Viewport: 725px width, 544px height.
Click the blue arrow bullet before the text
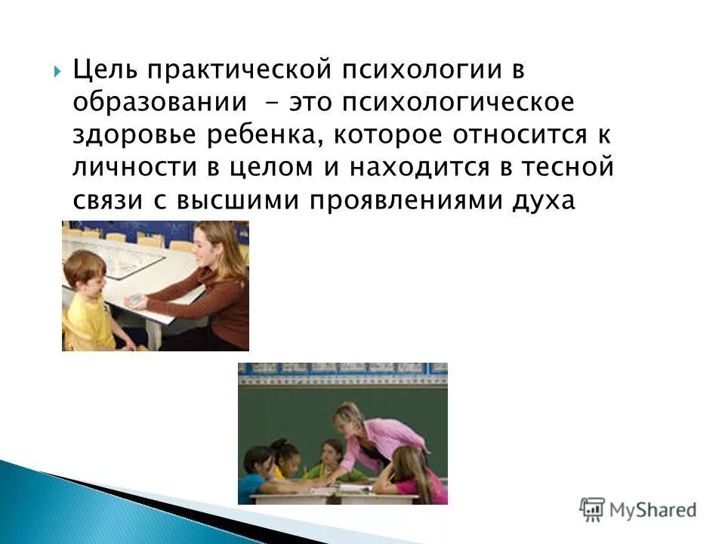point(58,73)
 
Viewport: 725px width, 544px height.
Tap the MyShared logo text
point(652,511)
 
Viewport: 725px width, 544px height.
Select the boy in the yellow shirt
point(89,302)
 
